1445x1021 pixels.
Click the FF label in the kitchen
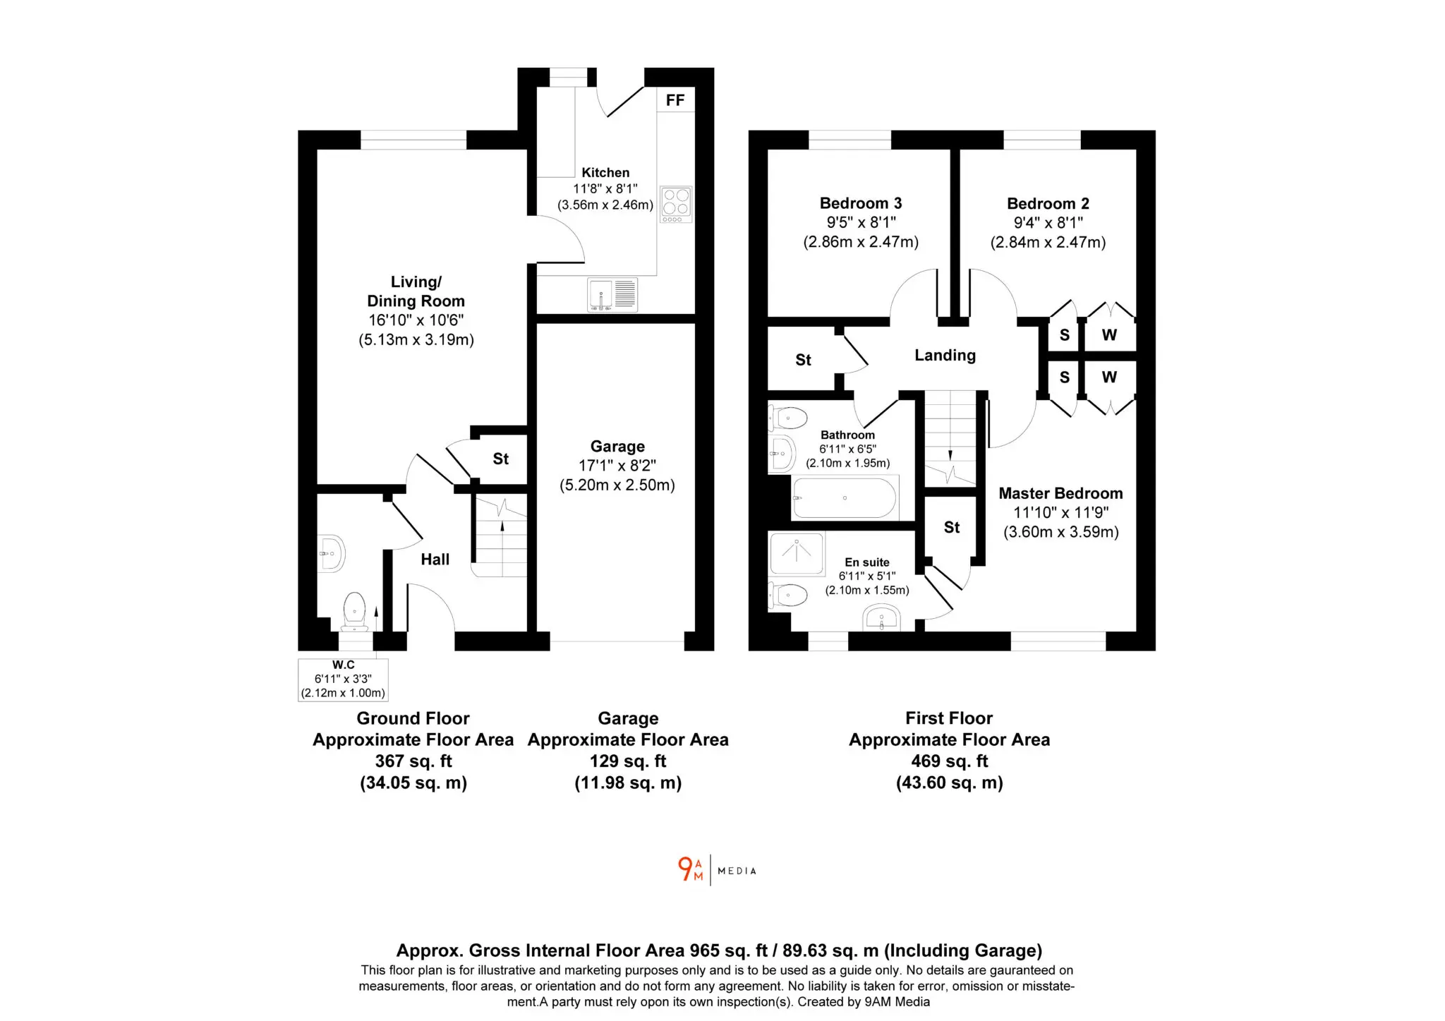tap(675, 100)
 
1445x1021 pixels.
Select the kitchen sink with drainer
tap(612, 294)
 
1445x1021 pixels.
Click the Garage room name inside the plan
tap(617, 447)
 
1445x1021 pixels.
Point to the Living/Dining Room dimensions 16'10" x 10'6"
tap(416, 320)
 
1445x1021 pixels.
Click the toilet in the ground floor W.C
tap(354, 612)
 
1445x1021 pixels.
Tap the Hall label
tap(435, 560)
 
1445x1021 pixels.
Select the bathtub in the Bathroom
tap(845, 498)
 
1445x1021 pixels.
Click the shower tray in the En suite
tap(797, 554)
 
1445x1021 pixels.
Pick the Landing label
tap(945, 356)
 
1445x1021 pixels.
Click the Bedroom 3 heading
tap(861, 203)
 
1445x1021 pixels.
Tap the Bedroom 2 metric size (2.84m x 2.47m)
tap(1048, 243)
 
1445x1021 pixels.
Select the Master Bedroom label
tap(1060, 494)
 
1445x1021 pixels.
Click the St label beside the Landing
tap(803, 360)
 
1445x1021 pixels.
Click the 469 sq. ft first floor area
tap(949, 761)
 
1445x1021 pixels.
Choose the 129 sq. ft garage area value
tap(628, 761)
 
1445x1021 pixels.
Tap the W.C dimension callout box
tap(343, 679)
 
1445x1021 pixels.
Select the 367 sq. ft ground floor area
tap(413, 761)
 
